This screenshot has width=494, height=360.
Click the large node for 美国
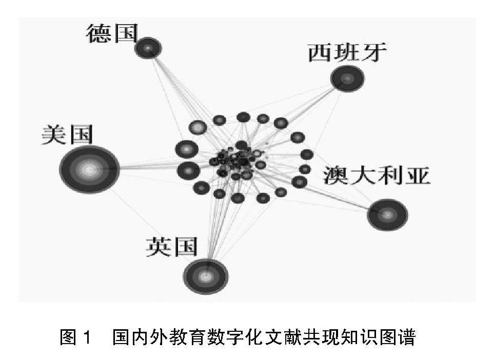(89, 170)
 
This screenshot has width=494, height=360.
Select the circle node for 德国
(148, 49)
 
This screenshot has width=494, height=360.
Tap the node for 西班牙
(347, 78)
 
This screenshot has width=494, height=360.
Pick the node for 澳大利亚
(387, 214)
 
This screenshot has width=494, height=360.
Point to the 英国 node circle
(206, 276)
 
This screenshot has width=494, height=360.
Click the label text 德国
(112, 34)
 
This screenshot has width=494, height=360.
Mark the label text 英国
(171, 247)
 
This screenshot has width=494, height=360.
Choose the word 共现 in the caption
(326, 338)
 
